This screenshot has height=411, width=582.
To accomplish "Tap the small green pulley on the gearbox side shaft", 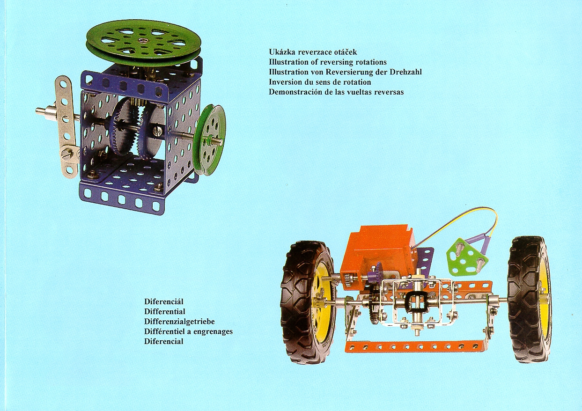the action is tap(210, 140).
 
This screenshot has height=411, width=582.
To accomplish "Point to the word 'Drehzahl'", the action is tap(405, 72).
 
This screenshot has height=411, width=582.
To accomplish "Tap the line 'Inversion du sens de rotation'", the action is tap(320, 82).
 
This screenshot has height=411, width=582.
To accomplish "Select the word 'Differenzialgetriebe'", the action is tap(179, 322).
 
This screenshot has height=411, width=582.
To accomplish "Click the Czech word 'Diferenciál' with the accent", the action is tap(164, 301).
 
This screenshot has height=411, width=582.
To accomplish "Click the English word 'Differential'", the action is tap(165, 311).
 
